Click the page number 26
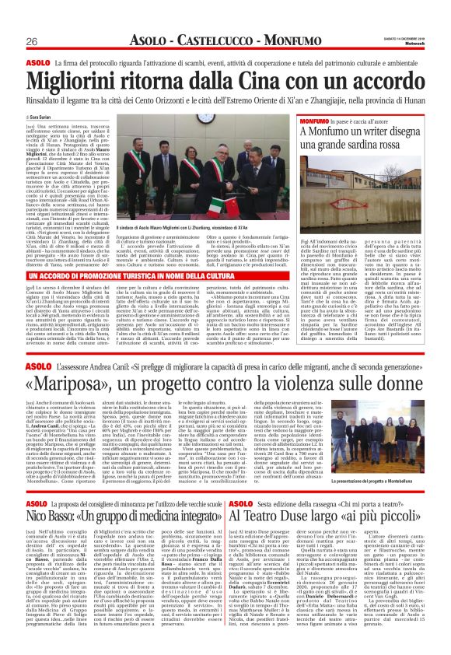pos(33,40)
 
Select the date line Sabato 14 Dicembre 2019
pos(400,35)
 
